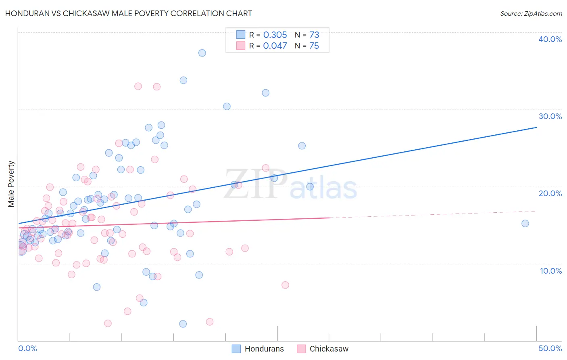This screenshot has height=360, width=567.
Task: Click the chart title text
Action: tap(129, 13)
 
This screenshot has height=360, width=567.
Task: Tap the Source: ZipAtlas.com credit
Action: tap(531, 13)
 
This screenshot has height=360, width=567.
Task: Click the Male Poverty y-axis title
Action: tap(11, 184)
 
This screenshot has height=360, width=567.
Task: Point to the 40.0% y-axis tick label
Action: tap(550, 39)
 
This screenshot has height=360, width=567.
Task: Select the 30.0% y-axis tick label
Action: tap(550, 116)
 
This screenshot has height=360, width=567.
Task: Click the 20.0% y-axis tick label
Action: tap(550, 193)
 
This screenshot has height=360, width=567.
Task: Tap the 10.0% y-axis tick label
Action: tap(551, 271)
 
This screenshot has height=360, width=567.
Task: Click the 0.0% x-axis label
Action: tap(27, 348)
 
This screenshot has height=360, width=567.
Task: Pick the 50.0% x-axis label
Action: tap(550, 348)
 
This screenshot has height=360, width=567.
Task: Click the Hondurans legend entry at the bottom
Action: tap(258, 349)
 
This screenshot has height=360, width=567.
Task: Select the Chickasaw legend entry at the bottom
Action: tap(323, 349)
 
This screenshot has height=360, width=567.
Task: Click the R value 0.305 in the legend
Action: tap(275, 35)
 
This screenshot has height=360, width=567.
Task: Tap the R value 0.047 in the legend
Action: tap(275, 46)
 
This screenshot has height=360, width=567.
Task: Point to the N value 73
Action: tap(314, 35)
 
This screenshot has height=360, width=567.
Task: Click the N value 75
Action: tap(314, 46)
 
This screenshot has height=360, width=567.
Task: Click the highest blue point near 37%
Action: tap(202, 53)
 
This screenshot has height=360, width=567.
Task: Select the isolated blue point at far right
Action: tap(525, 224)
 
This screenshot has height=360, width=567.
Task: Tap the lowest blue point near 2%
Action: tap(183, 324)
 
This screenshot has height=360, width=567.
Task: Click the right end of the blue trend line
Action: tap(536, 128)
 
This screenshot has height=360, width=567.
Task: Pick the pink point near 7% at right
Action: tap(285, 285)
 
